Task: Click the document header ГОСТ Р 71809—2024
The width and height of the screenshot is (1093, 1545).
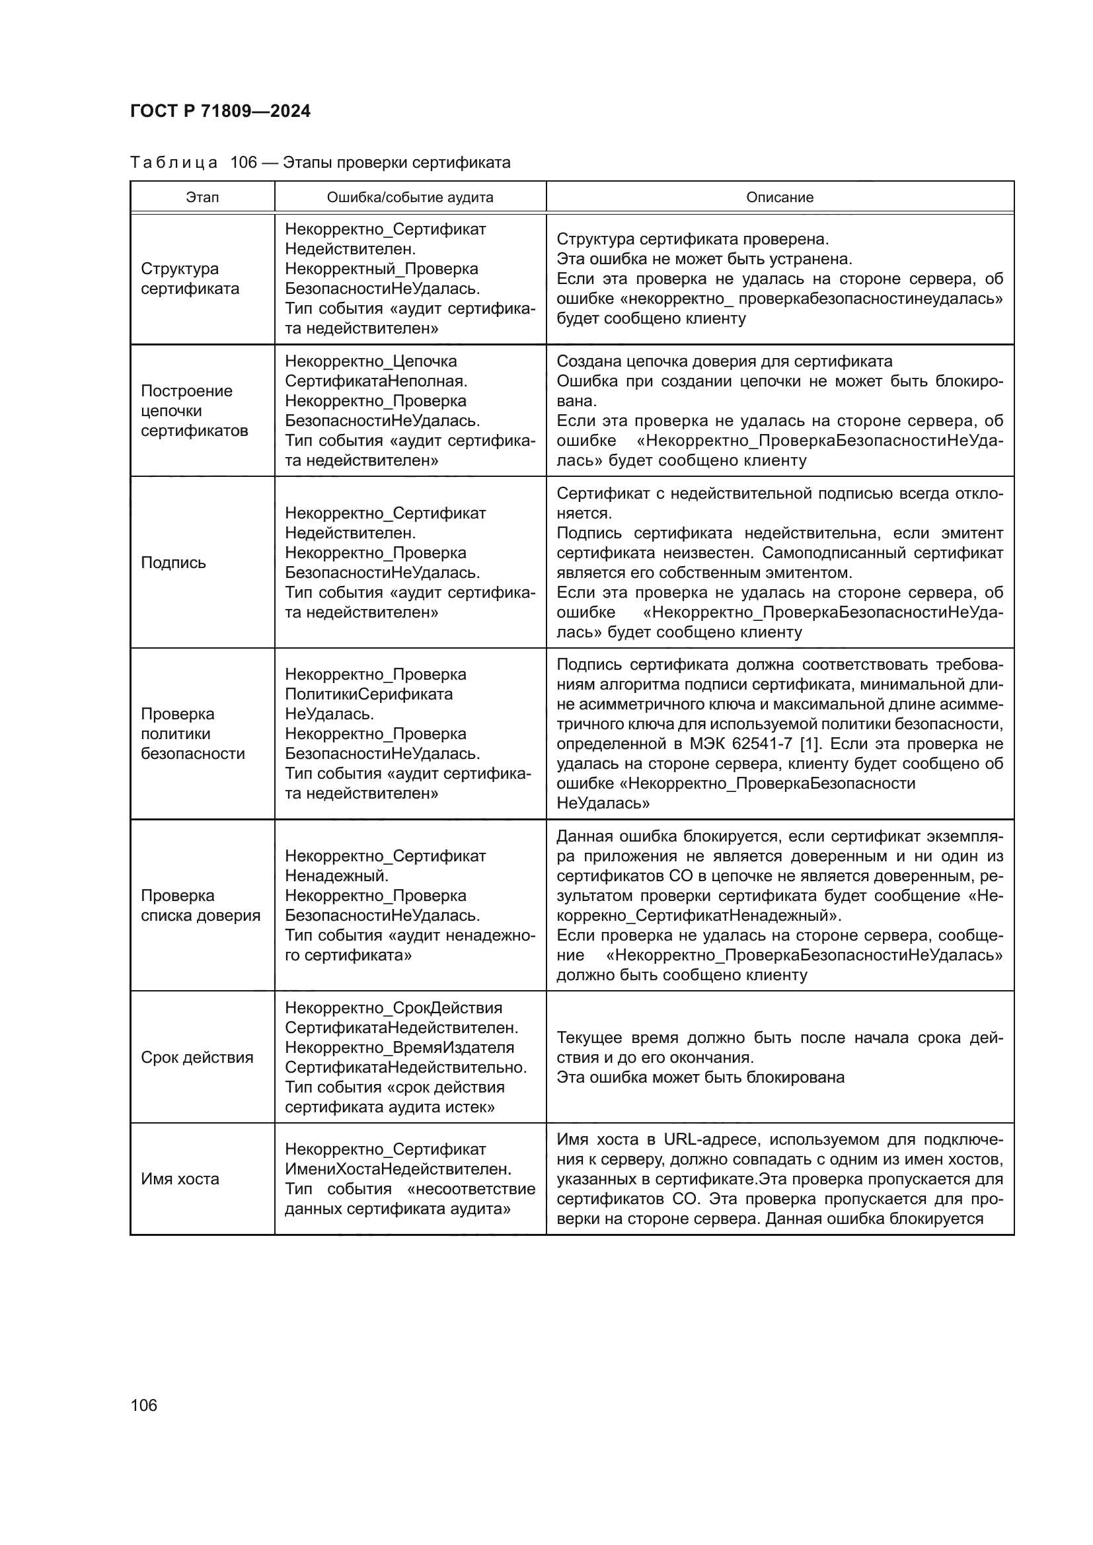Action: pos(220,111)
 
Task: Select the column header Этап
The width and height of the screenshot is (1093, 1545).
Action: pos(202,197)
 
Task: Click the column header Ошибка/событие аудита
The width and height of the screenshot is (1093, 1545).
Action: pos(410,197)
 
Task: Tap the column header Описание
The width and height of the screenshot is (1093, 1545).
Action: pos(779,197)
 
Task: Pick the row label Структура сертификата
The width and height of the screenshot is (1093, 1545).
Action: pos(190,279)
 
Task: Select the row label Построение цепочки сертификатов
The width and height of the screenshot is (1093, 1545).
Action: pos(194,410)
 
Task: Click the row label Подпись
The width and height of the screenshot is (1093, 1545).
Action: pos(173,563)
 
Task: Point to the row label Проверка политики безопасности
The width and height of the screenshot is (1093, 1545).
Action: pos(192,733)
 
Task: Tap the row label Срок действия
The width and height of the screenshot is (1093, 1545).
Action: pos(196,1057)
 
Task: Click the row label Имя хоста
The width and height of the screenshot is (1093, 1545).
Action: pos(180,1179)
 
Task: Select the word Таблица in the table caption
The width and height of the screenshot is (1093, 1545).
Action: pos(174,163)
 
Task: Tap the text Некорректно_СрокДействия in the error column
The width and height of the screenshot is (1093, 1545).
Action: pos(393,1008)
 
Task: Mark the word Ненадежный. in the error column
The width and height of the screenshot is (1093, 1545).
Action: pos(336,875)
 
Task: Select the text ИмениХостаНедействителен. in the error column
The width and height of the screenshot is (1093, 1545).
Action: pos(398,1169)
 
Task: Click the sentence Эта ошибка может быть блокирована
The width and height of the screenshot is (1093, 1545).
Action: pos(700,1077)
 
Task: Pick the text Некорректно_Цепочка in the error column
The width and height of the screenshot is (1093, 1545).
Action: pos(371,361)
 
